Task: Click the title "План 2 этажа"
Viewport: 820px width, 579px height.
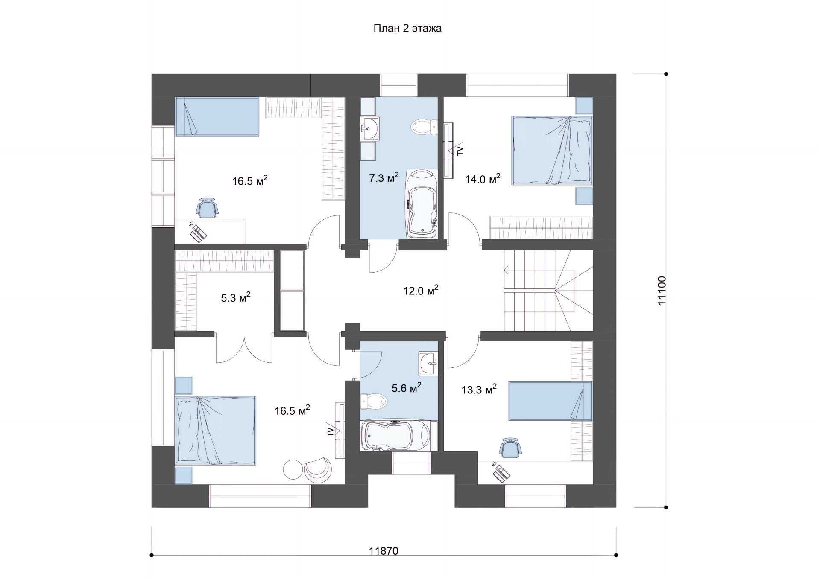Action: (407, 29)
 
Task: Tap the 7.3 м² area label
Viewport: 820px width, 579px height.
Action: (384, 177)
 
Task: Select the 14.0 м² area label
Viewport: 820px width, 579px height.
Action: (483, 179)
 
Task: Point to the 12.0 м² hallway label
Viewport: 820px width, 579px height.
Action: (421, 291)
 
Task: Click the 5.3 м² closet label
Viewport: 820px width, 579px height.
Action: (235, 297)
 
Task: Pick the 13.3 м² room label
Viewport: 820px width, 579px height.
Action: (479, 389)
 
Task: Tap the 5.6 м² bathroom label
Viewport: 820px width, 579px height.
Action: (406, 388)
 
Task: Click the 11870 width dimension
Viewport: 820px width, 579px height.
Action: (384, 551)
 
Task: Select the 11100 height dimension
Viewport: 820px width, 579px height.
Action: (662, 291)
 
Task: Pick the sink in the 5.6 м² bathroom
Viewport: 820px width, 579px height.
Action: (428, 364)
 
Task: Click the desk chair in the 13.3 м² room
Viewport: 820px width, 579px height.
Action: (510, 448)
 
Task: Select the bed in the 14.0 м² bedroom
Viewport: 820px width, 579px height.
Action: (552, 151)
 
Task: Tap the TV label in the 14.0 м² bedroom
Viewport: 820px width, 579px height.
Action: (460, 150)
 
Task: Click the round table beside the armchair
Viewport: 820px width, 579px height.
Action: (293, 469)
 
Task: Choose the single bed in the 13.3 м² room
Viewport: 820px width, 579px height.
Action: (551, 401)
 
